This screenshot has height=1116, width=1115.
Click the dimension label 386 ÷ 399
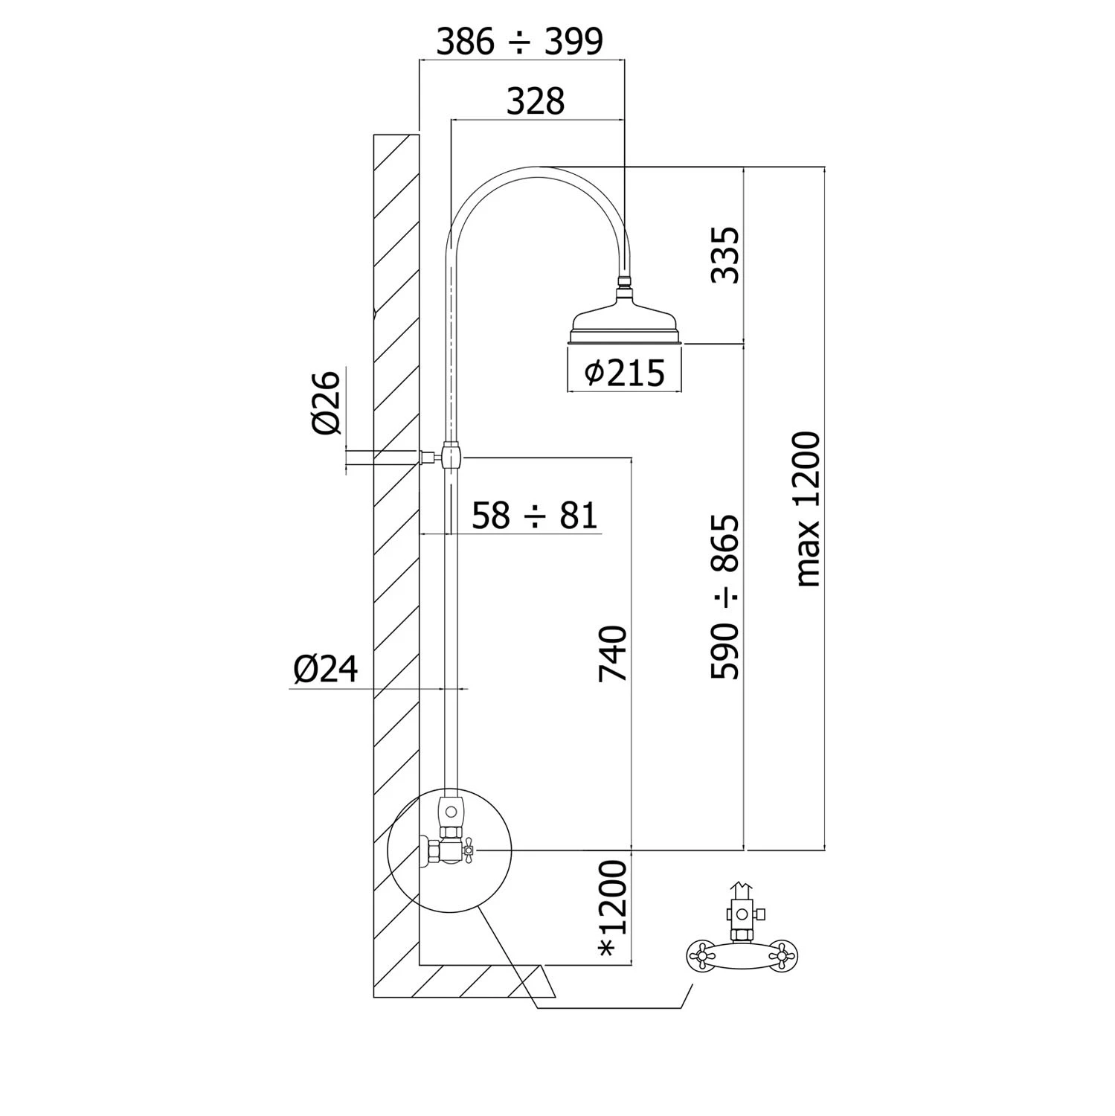tap(518, 42)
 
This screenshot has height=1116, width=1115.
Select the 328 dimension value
tap(536, 101)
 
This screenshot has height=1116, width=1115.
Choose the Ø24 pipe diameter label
tap(325, 670)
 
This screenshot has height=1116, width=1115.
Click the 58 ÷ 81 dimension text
tap(534, 516)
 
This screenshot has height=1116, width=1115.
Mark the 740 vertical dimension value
tap(614, 653)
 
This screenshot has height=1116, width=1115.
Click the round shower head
tap(625, 324)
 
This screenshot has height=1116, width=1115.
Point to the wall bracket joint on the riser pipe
tap(451, 455)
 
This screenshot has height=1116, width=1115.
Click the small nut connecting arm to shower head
tap(626, 282)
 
